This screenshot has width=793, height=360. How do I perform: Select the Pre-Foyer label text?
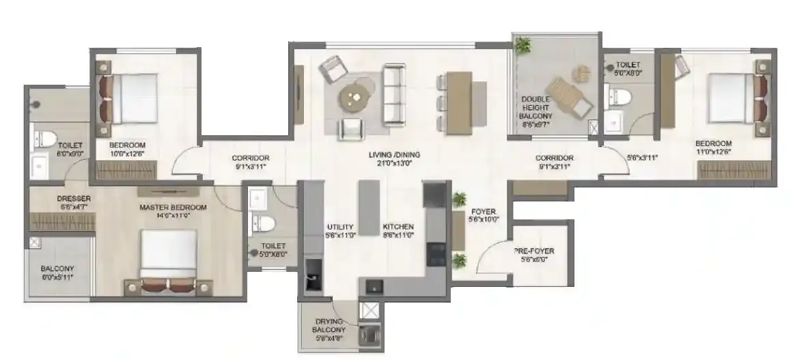click(534, 251)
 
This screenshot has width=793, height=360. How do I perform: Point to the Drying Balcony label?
click(329, 322)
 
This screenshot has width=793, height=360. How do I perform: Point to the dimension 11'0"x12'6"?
click(714, 152)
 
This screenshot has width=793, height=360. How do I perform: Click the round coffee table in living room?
click(355, 96)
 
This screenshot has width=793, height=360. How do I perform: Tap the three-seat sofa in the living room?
click(394, 94)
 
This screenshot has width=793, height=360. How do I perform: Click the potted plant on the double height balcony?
click(524, 46)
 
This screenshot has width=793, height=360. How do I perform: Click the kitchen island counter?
click(369, 208)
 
